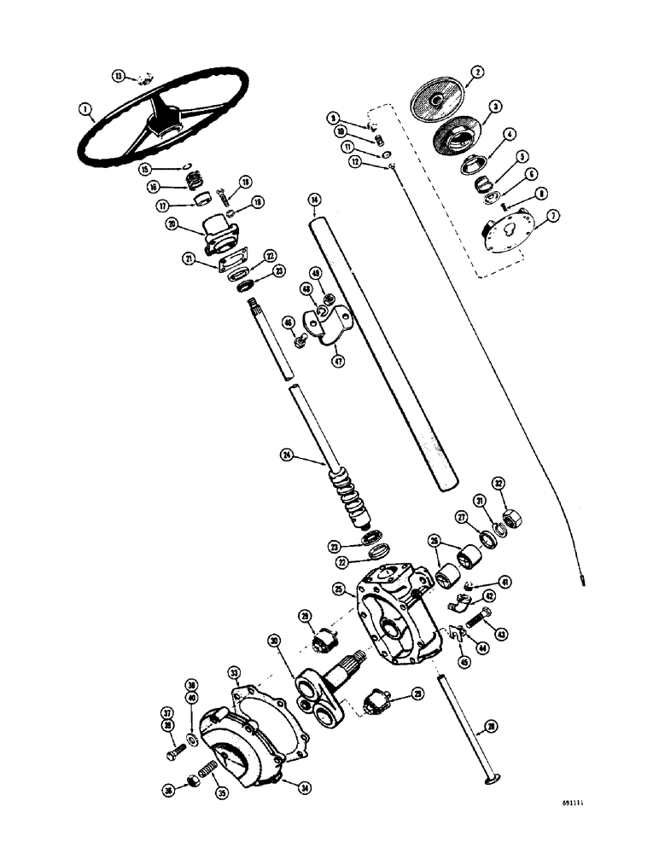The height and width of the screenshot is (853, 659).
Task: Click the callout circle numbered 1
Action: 85,108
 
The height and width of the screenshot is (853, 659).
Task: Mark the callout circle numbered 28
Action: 489,727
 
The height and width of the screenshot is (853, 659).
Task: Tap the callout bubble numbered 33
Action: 235,673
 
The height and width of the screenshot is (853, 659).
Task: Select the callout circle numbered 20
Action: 174,224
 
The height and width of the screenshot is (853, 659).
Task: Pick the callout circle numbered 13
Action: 120,75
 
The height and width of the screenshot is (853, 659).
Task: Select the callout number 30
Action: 274,641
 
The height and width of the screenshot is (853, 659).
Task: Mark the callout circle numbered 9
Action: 335,118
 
